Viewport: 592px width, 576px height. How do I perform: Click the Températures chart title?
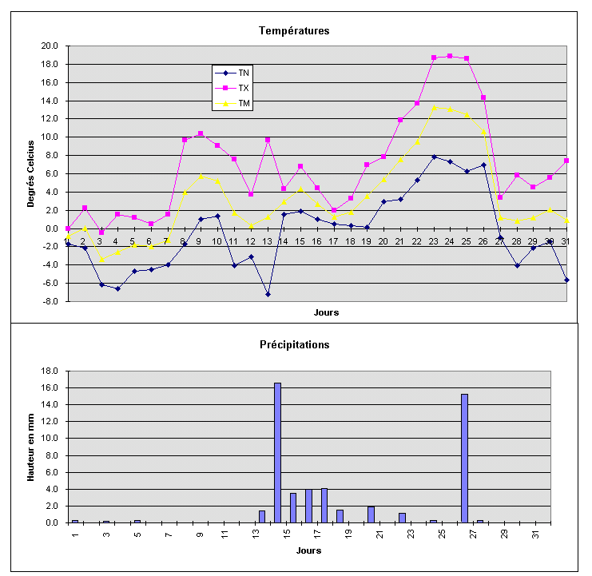tap(294, 31)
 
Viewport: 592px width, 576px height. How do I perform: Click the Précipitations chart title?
tap(294, 345)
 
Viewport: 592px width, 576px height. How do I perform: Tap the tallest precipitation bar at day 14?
tap(277, 452)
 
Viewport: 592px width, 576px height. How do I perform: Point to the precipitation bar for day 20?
tap(371, 514)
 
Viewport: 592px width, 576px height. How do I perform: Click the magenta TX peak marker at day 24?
tap(450, 56)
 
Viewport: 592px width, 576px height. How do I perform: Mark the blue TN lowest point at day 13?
tap(268, 294)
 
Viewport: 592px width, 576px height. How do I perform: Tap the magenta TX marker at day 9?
tap(201, 133)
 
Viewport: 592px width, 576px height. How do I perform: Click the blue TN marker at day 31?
tap(566, 280)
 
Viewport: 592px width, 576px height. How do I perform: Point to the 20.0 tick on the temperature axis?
tap(50, 46)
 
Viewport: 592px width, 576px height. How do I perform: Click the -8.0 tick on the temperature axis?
tap(50, 301)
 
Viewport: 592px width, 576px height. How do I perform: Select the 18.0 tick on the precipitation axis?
tap(50, 371)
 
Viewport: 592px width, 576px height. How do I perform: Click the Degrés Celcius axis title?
tap(31, 173)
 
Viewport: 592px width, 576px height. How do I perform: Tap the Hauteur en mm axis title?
tap(31, 447)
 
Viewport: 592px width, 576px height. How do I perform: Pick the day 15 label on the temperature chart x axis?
tap(300, 241)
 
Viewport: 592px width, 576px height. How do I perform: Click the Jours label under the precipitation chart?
tap(308, 550)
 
